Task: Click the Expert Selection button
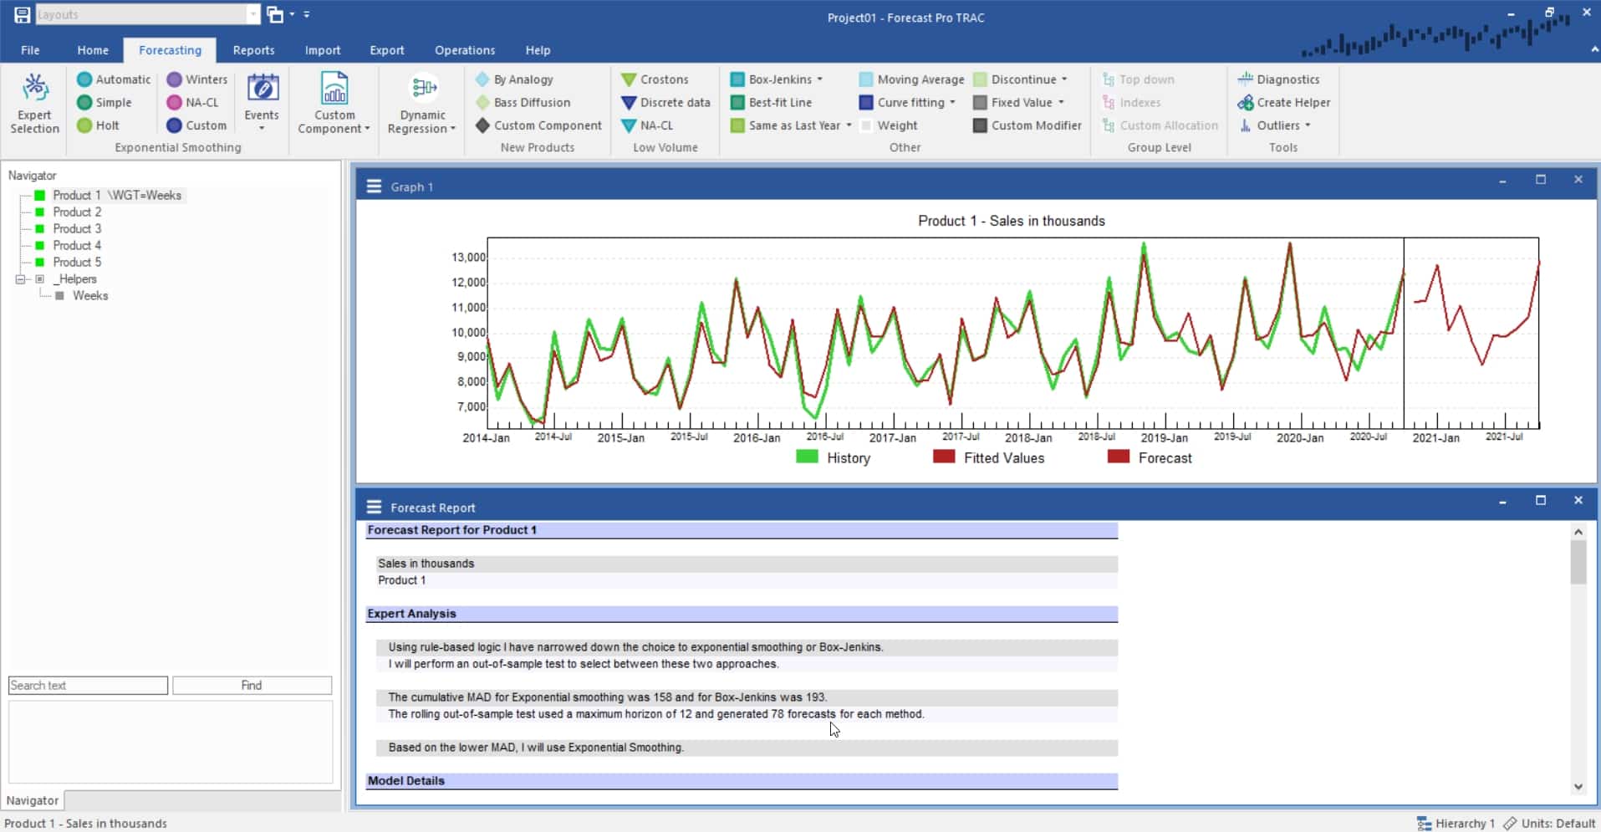pyautogui.click(x=34, y=104)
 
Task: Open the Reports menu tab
pyautogui.click(x=253, y=50)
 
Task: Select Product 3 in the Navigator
pyautogui.click(x=77, y=228)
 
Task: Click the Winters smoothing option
pyautogui.click(x=197, y=79)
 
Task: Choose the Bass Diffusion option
pyautogui.click(x=523, y=102)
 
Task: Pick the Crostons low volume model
pyautogui.click(x=655, y=79)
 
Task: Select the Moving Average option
pyautogui.click(x=912, y=79)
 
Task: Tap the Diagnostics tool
pyautogui.click(x=1279, y=79)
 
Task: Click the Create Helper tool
pyautogui.click(x=1284, y=102)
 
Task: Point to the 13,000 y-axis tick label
pyautogui.click(x=469, y=258)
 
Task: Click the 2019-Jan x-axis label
pyautogui.click(x=1164, y=437)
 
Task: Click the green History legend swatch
pyautogui.click(x=807, y=457)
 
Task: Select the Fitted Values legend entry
pyautogui.click(x=1003, y=457)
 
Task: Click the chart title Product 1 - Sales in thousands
pyautogui.click(x=1011, y=221)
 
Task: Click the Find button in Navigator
pyautogui.click(x=252, y=686)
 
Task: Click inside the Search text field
pyautogui.click(x=88, y=686)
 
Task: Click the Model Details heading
pyautogui.click(x=406, y=781)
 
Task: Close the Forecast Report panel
pyautogui.click(x=1578, y=501)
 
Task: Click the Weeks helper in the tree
pyautogui.click(x=89, y=295)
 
